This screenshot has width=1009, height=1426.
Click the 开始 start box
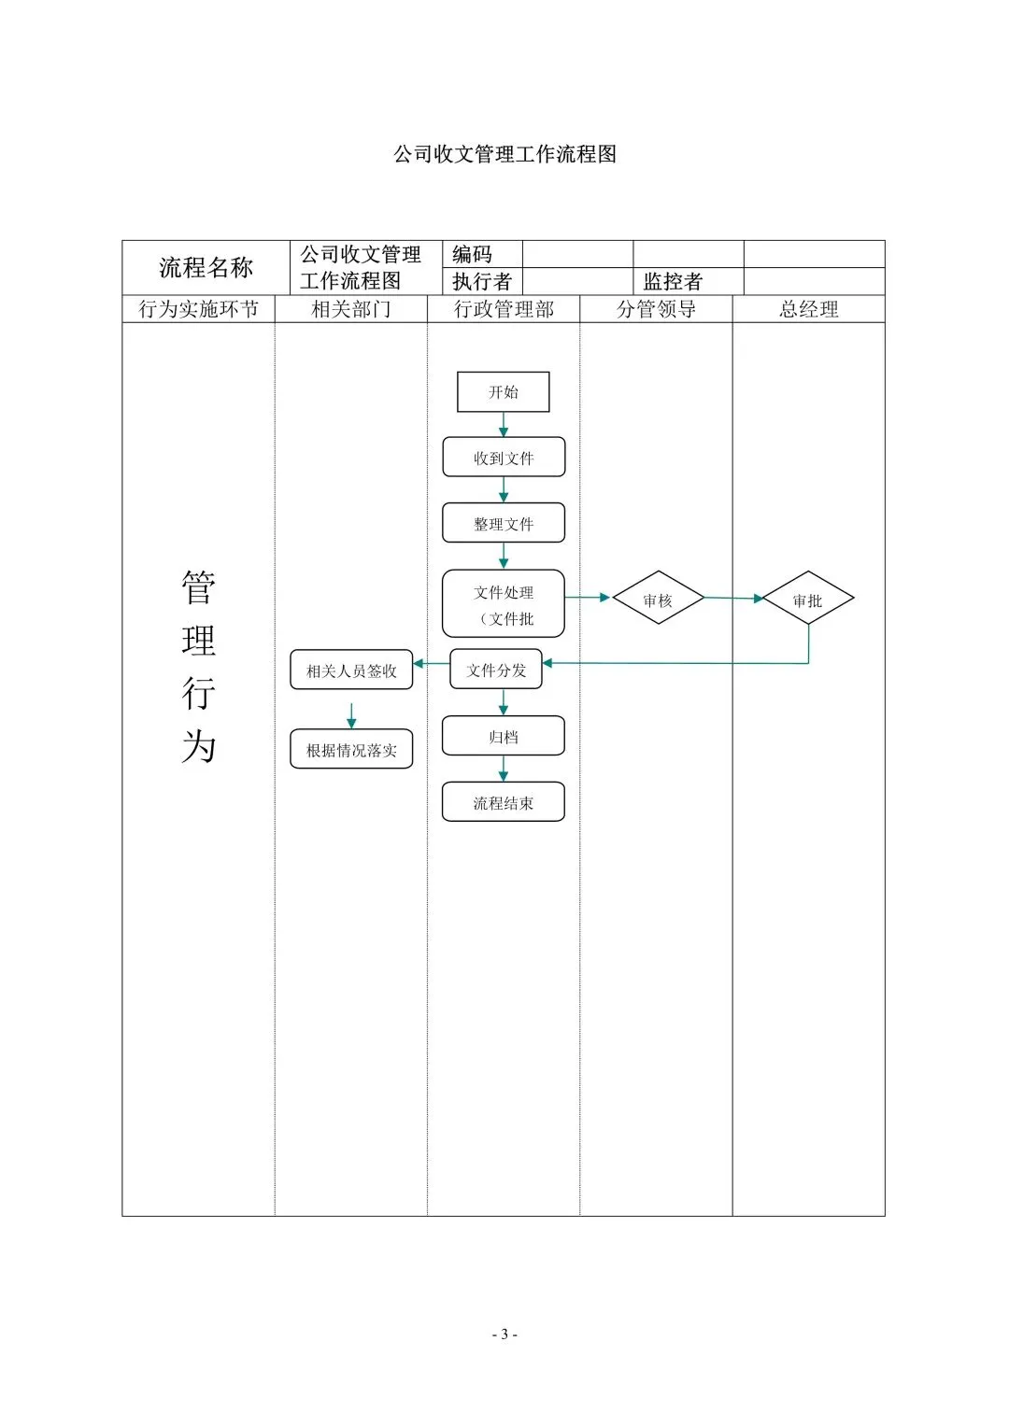pos(503,391)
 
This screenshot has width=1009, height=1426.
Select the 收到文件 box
pos(504,457)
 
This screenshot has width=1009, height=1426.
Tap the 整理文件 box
pos(504,523)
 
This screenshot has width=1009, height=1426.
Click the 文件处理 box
pos(504,603)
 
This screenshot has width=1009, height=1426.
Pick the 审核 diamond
pos(658,598)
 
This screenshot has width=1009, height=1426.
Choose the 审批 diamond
pos(808,598)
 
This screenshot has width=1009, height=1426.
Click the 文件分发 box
pos(495,669)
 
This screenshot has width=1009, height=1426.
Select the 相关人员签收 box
pos(351,670)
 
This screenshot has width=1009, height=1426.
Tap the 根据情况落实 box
pos(351,749)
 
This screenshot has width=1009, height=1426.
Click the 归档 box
pos(504,735)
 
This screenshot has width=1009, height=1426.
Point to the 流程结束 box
pos(504,801)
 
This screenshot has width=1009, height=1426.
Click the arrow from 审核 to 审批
pos(733,599)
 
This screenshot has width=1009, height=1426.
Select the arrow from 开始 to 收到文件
pos(504,425)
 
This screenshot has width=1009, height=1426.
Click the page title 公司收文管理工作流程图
pos(504,154)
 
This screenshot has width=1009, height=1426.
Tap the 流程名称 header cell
pos(206,267)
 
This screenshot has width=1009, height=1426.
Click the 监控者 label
pos(672,281)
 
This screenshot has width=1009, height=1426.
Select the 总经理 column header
pos(808,309)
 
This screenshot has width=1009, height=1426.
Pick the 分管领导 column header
pos(656,309)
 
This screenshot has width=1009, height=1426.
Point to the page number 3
pos(504,1334)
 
